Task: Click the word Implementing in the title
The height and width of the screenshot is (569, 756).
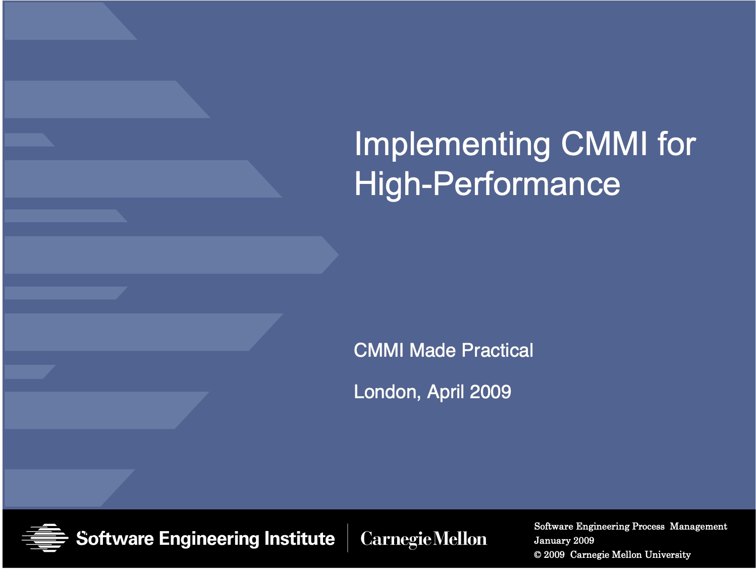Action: pyautogui.click(x=452, y=145)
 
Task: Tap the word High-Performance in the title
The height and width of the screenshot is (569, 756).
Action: pyautogui.click(x=487, y=185)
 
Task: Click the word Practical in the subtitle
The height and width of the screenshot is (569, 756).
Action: pyautogui.click(x=497, y=350)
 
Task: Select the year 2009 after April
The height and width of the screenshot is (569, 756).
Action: pyautogui.click(x=490, y=392)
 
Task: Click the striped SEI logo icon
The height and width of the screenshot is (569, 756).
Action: pyautogui.click(x=45, y=538)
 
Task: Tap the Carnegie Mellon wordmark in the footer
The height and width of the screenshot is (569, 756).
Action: pyautogui.click(x=423, y=539)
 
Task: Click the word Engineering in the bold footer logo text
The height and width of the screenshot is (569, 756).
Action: pyautogui.click(x=208, y=539)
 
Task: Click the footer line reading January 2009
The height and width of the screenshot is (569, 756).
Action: pyautogui.click(x=564, y=540)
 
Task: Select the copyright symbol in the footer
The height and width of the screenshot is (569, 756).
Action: pyautogui.click(x=537, y=555)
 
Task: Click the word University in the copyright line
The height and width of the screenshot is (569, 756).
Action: pyautogui.click(x=668, y=555)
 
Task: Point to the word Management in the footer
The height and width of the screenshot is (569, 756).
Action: pyautogui.click(x=698, y=526)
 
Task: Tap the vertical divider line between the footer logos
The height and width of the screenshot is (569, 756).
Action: pyautogui.click(x=348, y=538)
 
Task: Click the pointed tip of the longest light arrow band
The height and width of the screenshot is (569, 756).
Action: pyautogui.click(x=338, y=255)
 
